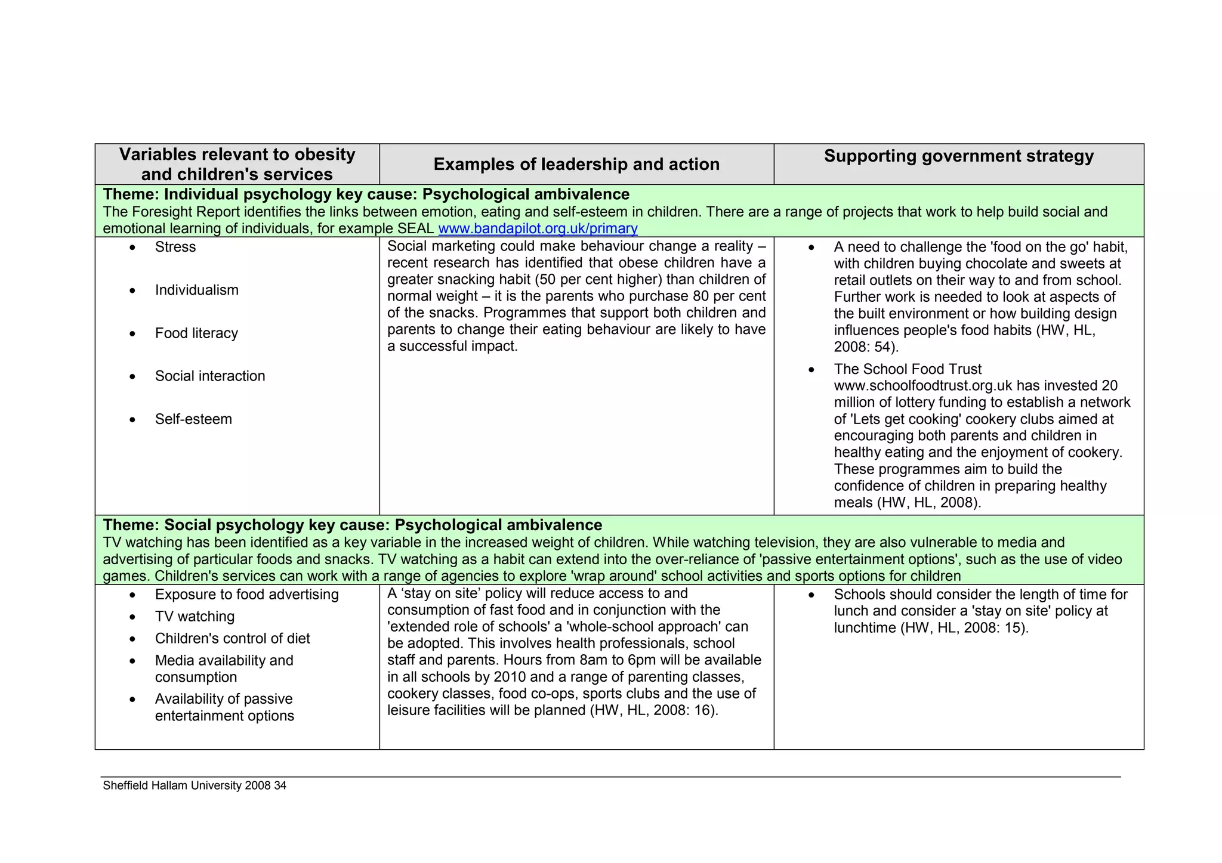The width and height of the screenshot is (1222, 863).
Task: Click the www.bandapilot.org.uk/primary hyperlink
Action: click(x=538, y=228)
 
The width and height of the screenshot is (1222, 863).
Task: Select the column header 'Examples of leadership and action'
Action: click(x=576, y=164)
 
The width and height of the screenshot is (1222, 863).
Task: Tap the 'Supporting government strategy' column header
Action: click(x=958, y=156)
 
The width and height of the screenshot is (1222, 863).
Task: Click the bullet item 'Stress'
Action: click(x=175, y=247)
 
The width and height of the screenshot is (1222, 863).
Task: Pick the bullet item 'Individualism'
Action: click(x=196, y=290)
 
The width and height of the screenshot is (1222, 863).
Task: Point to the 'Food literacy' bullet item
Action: click(x=196, y=333)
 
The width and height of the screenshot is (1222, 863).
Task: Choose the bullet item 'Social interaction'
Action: click(x=209, y=376)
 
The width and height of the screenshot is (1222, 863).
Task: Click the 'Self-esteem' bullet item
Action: click(x=193, y=419)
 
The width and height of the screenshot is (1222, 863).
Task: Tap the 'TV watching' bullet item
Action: click(x=195, y=616)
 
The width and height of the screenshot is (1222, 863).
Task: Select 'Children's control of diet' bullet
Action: click(x=232, y=638)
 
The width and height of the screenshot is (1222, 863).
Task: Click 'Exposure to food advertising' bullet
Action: click(x=246, y=594)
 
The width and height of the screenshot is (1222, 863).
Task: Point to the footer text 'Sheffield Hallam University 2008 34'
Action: click(x=195, y=785)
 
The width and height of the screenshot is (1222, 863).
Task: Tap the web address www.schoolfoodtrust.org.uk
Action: click(x=922, y=385)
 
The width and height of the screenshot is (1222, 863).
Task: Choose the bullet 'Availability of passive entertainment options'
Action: click(x=224, y=707)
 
